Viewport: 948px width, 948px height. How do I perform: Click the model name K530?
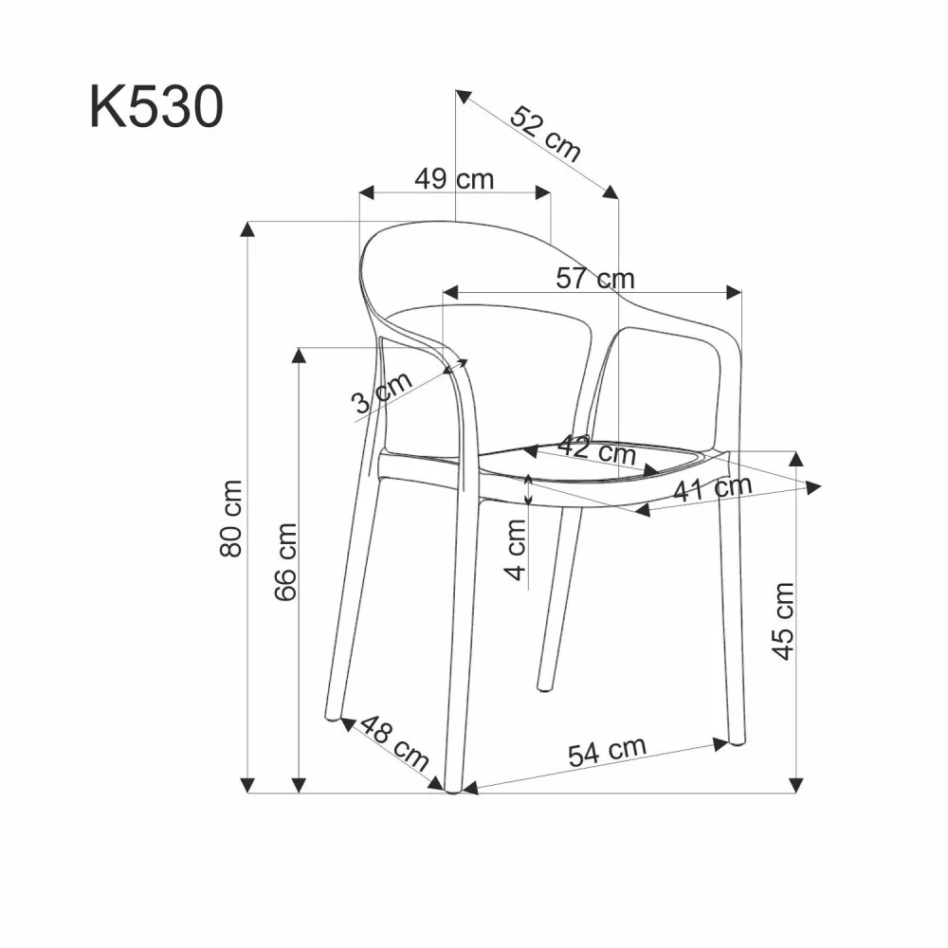(156, 107)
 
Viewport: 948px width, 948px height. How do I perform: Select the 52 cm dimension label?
(545, 133)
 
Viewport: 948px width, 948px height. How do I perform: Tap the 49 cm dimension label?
(454, 178)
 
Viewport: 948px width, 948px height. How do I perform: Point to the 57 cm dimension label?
(596, 279)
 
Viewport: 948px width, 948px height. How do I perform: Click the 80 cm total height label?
(233, 518)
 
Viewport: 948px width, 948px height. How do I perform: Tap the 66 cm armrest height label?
(286, 561)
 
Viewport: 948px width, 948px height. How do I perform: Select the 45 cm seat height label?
(783, 621)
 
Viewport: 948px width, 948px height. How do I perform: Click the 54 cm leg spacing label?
(607, 752)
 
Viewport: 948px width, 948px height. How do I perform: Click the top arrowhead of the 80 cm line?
(248, 228)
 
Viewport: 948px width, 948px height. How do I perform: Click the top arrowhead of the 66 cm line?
(299, 355)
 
